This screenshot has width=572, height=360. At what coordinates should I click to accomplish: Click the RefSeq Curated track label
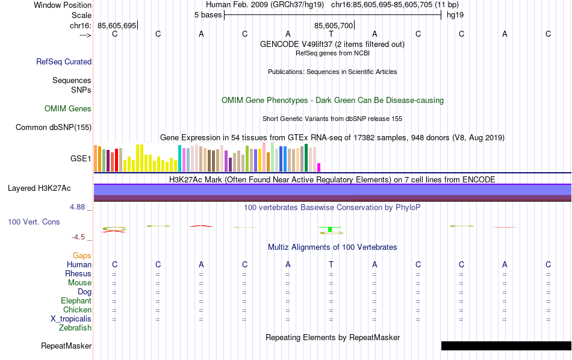click(x=64, y=61)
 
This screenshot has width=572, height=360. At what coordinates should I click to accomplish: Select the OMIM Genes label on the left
click(x=68, y=109)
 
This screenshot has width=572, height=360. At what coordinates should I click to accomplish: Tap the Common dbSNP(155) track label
click(x=54, y=127)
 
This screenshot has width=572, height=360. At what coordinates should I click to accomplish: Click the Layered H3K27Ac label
click(x=39, y=188)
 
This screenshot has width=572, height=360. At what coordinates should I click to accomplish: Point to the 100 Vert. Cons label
click(x=34, y=222)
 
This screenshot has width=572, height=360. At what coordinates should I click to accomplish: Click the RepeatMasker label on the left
click(x=66, y=346)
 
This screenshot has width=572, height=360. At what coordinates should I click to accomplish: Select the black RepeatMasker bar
click(x=506, y=346)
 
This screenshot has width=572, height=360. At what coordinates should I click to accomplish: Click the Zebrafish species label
click(x=75, y=328)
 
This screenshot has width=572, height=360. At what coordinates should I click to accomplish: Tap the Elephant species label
click(x=76, y=301)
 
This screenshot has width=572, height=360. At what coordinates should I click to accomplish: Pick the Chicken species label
click(x=77, y=310)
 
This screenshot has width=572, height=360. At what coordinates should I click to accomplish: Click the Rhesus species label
click(x=78, y=274)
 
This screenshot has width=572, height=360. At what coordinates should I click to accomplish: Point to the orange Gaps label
click(x=82, y=256)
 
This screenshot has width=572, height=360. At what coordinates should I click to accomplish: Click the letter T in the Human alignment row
click(x=331, y=265)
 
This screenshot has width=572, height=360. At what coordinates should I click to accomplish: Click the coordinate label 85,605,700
click(x=334, y=25)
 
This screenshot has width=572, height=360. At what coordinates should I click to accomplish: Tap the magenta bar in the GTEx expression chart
click(x=319, y=167)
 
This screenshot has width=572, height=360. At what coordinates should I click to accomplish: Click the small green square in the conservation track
click(x=331, y=229)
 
